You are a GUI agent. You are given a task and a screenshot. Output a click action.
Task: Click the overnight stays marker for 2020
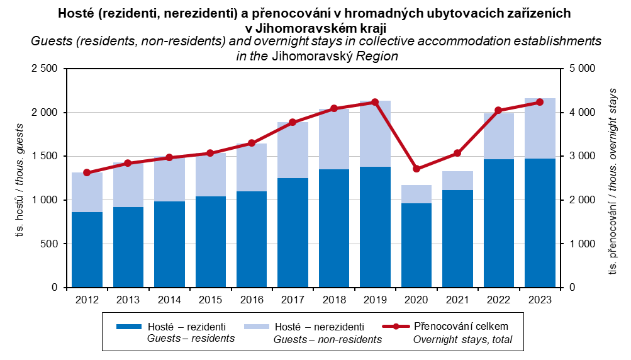click(416, 169)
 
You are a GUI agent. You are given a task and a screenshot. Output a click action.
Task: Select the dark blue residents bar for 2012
click(87, 249)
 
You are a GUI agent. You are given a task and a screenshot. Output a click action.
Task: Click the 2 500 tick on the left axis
click(44, 69)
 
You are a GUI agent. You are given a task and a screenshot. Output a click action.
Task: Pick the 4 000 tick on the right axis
click(582, 112)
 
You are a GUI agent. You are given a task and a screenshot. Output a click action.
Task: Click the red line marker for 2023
click(540, 102)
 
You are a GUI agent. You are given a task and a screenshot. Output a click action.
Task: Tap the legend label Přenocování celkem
click(461, 327)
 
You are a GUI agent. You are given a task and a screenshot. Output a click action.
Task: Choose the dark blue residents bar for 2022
click(499, 223)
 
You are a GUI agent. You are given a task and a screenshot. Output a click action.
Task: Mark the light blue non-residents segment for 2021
click(457, 181)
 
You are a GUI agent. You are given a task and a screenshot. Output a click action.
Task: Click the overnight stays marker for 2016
click(252, 143)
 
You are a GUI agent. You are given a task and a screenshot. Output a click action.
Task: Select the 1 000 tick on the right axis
click(582, 244)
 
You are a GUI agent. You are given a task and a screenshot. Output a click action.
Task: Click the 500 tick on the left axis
click(50, 244)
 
